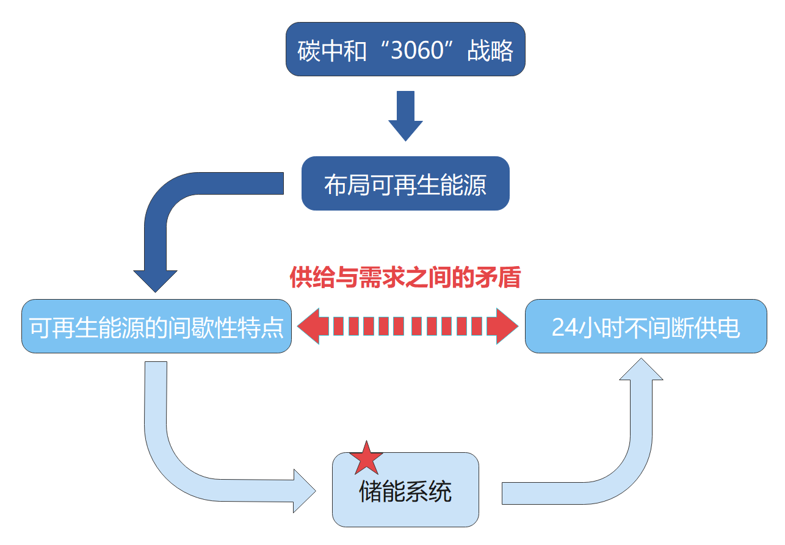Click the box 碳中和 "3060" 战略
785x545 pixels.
click(405, 49)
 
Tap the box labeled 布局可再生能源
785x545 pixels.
click(405, 184)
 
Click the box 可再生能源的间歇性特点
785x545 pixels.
click(156, 326)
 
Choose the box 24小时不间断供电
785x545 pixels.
click(646, 326)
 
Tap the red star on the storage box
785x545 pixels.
click(366, 459)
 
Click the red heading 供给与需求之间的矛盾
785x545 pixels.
click(405, 278)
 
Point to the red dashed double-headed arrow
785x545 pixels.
click(407, 326)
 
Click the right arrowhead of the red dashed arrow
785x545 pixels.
click(506, 326)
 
